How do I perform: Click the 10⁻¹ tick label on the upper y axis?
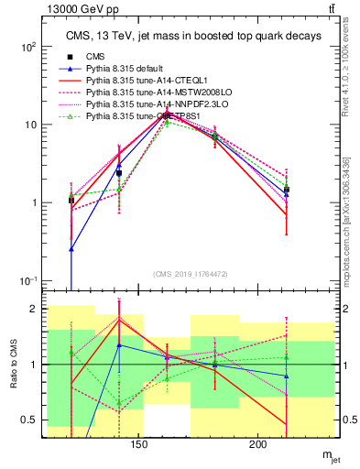click(28, 280)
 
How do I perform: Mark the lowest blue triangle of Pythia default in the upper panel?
click(71, 248)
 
